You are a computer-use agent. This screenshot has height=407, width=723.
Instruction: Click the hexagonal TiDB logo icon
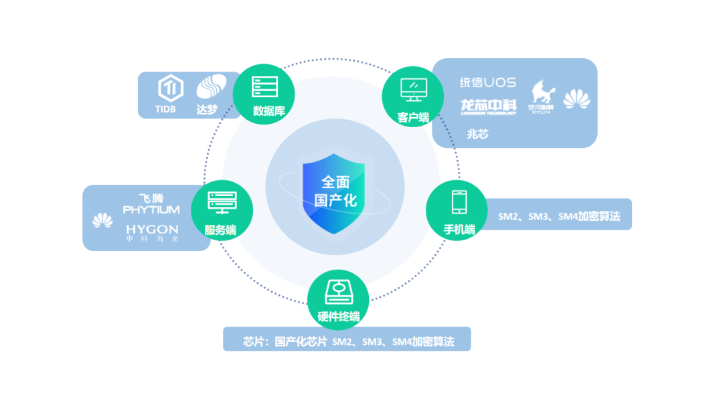(x=171, y=88)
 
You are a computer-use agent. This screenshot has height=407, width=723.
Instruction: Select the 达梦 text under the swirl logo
(x=207, y=109)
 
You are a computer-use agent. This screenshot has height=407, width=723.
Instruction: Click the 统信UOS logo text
(x=487, y=82)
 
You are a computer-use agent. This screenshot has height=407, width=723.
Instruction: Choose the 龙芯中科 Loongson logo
(x=488, y=106)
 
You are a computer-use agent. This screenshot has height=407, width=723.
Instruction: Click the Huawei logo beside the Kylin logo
(x=577, y=100)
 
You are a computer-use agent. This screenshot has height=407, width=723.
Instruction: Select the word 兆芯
(x=477, y=134)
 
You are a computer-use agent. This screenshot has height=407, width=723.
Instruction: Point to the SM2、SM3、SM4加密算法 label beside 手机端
(x=559, y=217)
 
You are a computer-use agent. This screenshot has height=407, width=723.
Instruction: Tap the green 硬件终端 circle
(x=338, y=301)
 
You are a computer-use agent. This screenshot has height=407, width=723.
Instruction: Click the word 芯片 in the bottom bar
(x=254, y=341)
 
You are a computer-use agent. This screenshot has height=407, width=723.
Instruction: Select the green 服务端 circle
(x=222, y=210)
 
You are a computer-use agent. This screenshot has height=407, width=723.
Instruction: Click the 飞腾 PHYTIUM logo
(x=151, y=203)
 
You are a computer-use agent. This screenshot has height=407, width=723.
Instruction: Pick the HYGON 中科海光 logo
(x=152, y=232)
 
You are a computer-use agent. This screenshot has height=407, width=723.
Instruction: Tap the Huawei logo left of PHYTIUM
(x=102, y=220)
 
